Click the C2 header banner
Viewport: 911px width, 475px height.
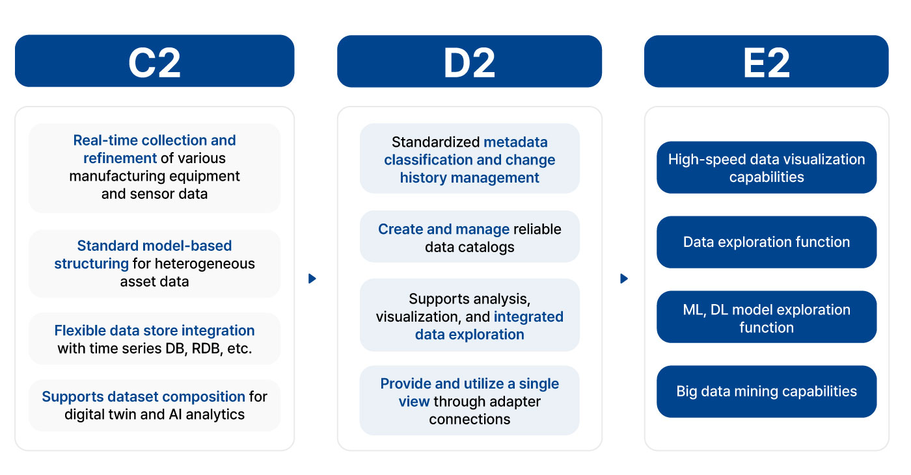point(155,61)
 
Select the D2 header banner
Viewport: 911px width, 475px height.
point(469,61)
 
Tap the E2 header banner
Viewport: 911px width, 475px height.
point(767,61)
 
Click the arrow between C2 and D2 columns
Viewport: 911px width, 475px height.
point(312,279)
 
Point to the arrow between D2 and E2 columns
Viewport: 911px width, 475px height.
point(624,279)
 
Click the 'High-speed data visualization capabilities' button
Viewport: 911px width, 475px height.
point(767,167)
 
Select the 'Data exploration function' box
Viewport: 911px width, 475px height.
point(767,242)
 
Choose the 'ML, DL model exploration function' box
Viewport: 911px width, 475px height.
point(767,316)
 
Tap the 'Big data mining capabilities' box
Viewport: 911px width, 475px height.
point(767,391)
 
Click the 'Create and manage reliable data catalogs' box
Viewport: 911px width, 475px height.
point(470,237)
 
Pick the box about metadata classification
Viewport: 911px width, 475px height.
point(470,159)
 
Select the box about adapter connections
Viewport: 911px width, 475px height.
point(470,401)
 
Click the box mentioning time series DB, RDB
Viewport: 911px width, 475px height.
point(155,339)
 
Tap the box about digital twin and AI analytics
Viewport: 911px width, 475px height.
point(155,405)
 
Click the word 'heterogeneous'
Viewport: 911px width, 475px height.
point(205,264)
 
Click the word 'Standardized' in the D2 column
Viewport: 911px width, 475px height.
point(435,142)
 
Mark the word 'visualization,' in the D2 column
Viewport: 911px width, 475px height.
point(418,316)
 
